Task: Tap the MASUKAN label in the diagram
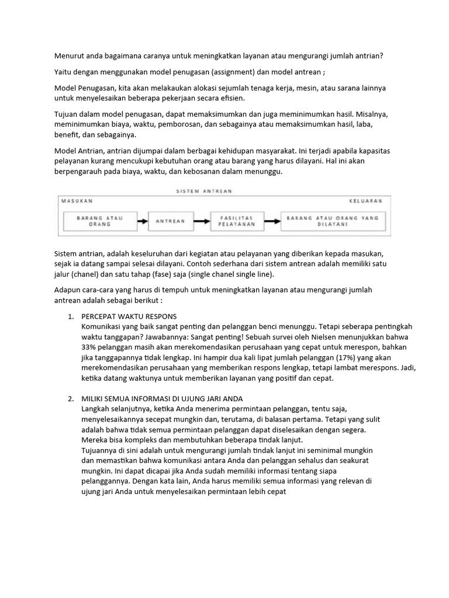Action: point(76,200)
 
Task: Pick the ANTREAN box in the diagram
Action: point(170,221)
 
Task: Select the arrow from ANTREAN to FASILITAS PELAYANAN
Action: point(201,221)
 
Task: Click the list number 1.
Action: point(70,317)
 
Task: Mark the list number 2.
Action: point(70,399)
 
